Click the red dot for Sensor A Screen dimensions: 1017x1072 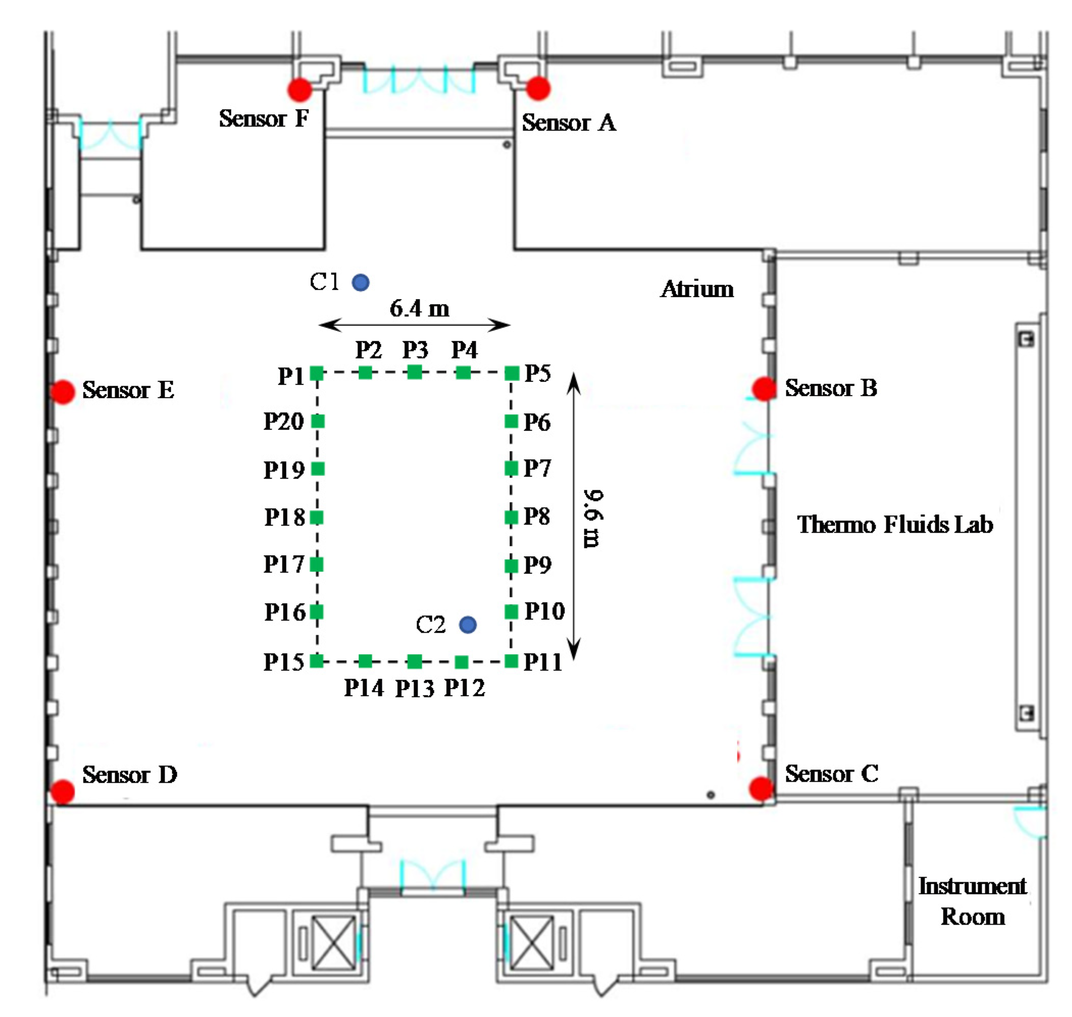[x=538, y=88]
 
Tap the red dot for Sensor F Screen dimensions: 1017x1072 [x=299, y=89]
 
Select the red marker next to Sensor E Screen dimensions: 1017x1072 [x=63, y=391]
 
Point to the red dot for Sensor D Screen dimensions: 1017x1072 [x=62, y=791]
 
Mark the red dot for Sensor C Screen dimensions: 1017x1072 [x=761, y=789]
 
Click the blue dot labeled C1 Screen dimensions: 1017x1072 [x=361, y=282]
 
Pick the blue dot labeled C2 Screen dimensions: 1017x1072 [x=468, y=625]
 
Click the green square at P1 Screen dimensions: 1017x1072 [x=317, y=373]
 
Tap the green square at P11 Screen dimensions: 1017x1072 [x=512, y=661]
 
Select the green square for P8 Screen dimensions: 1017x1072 [x=512, y=517]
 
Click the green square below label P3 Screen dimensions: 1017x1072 [x=415, y=373]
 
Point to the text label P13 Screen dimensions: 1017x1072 [x=415, y=689]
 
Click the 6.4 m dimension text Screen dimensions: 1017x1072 [x=419, y=309]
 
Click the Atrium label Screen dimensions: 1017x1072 [x=697, y=289]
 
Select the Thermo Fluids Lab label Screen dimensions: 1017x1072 [x=895, y=525]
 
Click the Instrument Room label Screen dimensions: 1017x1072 [x=972, y=901]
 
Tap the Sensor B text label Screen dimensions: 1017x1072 [x=830, y=388]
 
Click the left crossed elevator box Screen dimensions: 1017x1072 [x=334, y=942]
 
